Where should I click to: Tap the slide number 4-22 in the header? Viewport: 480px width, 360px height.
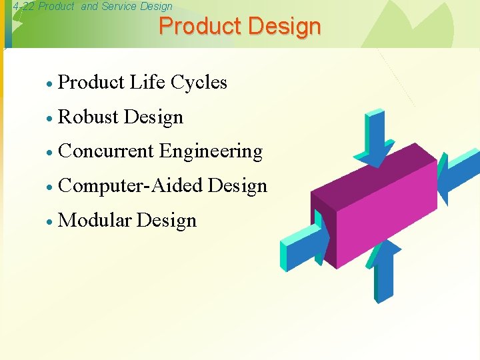(24, 7)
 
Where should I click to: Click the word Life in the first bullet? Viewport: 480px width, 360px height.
(147, 82)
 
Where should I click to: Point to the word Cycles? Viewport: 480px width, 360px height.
(199, 82)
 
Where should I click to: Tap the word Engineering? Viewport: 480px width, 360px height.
(211, 151)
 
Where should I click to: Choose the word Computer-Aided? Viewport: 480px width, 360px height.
(130, 186)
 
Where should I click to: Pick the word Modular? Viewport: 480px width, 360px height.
(95, 221)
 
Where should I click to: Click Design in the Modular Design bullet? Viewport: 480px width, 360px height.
(167, 221)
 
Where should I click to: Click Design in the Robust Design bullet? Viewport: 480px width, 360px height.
(153, 117)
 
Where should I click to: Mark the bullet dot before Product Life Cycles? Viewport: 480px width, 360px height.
(49, 83)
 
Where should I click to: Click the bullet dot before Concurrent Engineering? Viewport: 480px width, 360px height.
(49, 153)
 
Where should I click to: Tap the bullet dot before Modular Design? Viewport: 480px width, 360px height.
(49, 222)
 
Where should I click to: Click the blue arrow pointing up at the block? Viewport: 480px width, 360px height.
(385, 270)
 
